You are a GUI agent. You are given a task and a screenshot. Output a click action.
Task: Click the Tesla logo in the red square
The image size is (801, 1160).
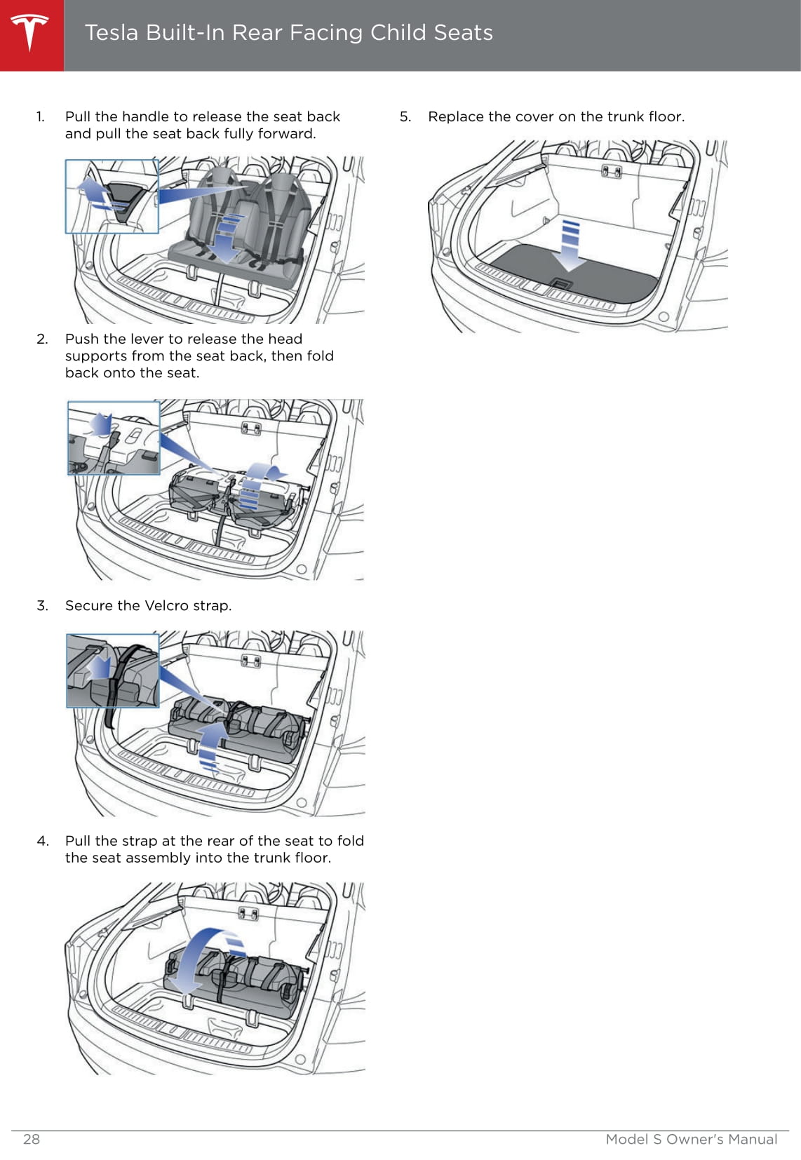30,33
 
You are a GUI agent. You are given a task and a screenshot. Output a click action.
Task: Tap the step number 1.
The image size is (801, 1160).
41,116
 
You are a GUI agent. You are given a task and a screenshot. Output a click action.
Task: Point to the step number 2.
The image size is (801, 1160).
42,339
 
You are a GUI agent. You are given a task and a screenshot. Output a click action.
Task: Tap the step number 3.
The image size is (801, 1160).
42,605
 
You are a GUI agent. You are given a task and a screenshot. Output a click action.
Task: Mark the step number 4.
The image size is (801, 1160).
43,840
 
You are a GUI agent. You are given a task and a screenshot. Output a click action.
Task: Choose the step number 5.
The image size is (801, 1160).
405,116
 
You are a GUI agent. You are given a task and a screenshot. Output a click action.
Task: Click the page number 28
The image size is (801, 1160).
32,1139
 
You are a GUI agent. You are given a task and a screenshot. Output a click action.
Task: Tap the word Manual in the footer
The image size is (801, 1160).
752,1139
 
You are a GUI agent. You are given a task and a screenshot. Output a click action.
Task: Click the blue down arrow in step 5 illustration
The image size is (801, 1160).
572,245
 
